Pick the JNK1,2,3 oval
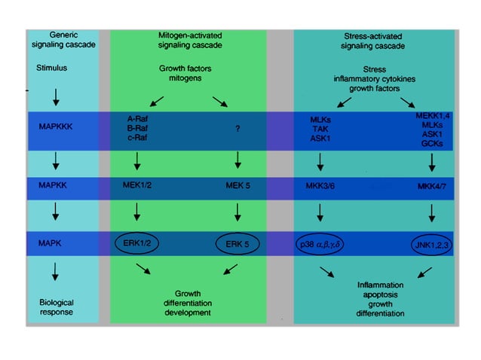432,245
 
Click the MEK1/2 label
136,185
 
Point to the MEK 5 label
238,185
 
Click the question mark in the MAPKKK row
238,129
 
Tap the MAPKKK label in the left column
56,127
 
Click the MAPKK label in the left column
54,185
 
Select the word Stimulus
54,67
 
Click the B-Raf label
139,128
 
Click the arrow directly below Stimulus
56,97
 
